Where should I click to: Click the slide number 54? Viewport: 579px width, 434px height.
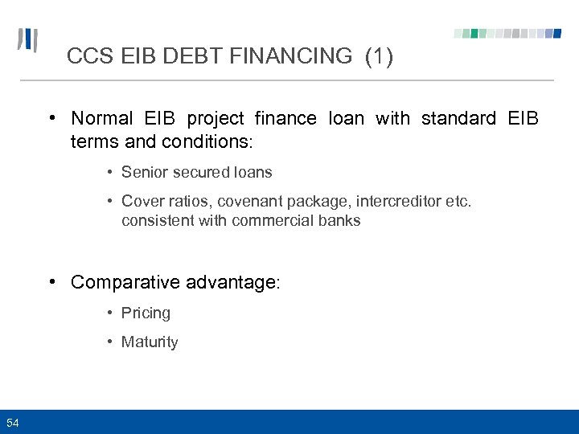click(13, 423)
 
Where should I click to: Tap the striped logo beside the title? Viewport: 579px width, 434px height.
click(28, 41)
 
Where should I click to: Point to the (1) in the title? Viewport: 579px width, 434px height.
click(379, 56)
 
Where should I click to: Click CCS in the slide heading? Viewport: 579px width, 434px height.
click(86, 56)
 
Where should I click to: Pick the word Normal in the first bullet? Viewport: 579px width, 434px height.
click(102, 119)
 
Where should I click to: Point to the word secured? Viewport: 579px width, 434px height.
click(195, 172)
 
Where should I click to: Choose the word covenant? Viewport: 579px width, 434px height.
click(232, 201)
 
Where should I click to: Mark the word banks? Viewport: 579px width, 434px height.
click(337, 220)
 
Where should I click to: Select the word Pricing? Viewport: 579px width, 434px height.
click(146, 313)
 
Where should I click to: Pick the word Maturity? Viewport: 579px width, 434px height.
click(150, 342)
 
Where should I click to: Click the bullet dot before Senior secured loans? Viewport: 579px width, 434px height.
click(109, 172)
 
